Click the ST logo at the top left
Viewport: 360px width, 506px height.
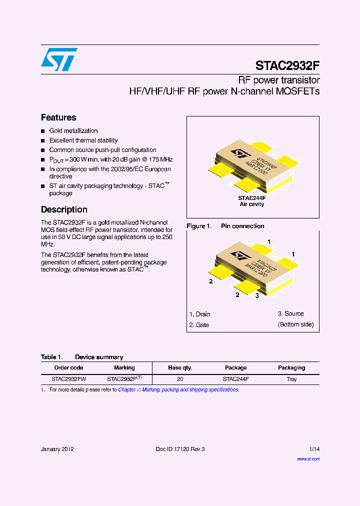pyautogui.click(x=59, y=59)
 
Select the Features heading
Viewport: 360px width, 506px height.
pyautogui.click(x=58, y=117)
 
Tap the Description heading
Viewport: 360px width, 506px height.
pyautogui.click(x=64, y=209)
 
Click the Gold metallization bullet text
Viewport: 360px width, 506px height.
pyautogui.click(x=73, y=130)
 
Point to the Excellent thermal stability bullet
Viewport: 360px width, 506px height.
pyautogui.click(x=83, y=140)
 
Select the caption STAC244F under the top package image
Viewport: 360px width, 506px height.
pyautogui.click(x=252, y=198)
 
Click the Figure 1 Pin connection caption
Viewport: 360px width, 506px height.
pyautogui.click(x=225, y=226)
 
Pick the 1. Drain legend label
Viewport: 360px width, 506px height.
pyautogui.click(x=199, y=314)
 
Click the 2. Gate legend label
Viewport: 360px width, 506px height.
pyautogui.click(x=199, y=325)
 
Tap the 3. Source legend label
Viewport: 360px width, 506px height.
pyautogui.click(x=290, y=313)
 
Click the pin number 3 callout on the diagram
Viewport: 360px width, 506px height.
pyautogui.click(x=256, y=295)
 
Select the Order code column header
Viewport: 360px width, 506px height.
pyautogui.click(x=68, y=367)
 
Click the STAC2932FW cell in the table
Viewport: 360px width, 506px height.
pyautogui.click(x=69, y=379)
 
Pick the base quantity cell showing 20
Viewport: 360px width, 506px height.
pyautogui.click(x=180, y=379)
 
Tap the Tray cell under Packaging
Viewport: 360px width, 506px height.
pyautogui.click(x=291, y=379)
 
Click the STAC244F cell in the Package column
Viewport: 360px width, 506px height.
pyautogui.click(x=235, y=379)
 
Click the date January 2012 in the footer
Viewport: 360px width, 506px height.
pyautogui.click(x=57, y=449)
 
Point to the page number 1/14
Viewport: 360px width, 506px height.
pyautogui.click(x=313, y=449)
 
